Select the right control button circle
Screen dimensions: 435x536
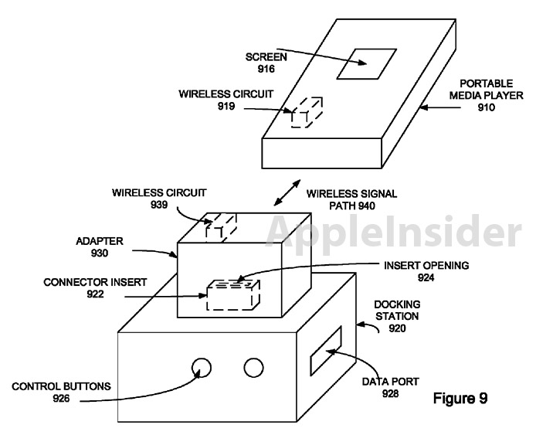254,366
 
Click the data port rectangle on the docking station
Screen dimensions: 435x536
325,352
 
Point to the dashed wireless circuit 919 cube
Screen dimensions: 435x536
306,113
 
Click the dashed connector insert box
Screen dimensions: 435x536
232,296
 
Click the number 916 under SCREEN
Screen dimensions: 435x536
267,70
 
